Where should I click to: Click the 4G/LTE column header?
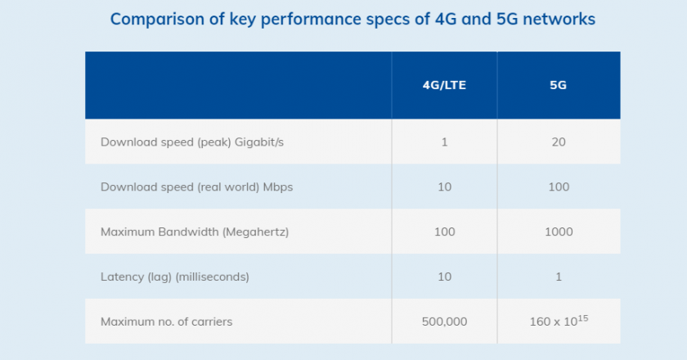point(444,85)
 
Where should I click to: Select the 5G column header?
point(559,85)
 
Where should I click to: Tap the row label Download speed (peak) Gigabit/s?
point(191,142)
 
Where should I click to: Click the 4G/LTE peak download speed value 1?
point(444,142)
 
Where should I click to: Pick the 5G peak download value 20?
point(559,142)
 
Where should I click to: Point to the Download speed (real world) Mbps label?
point(196,187)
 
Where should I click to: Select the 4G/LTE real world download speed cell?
point(444,187)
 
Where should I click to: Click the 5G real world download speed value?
point(559,187)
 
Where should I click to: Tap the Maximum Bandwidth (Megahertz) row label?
point(195,232)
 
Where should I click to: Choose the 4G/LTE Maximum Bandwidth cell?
point(444,232)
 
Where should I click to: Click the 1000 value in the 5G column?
point(559,232)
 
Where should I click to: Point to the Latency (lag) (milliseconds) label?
point(175,277)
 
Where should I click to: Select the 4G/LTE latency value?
point(444,277)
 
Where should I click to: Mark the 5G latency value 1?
point(559,277)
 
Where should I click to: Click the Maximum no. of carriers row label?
point(166,322)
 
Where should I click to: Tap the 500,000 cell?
point(444,322)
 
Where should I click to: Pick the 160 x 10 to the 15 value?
point(559,321)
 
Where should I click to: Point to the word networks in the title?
point(555,19)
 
